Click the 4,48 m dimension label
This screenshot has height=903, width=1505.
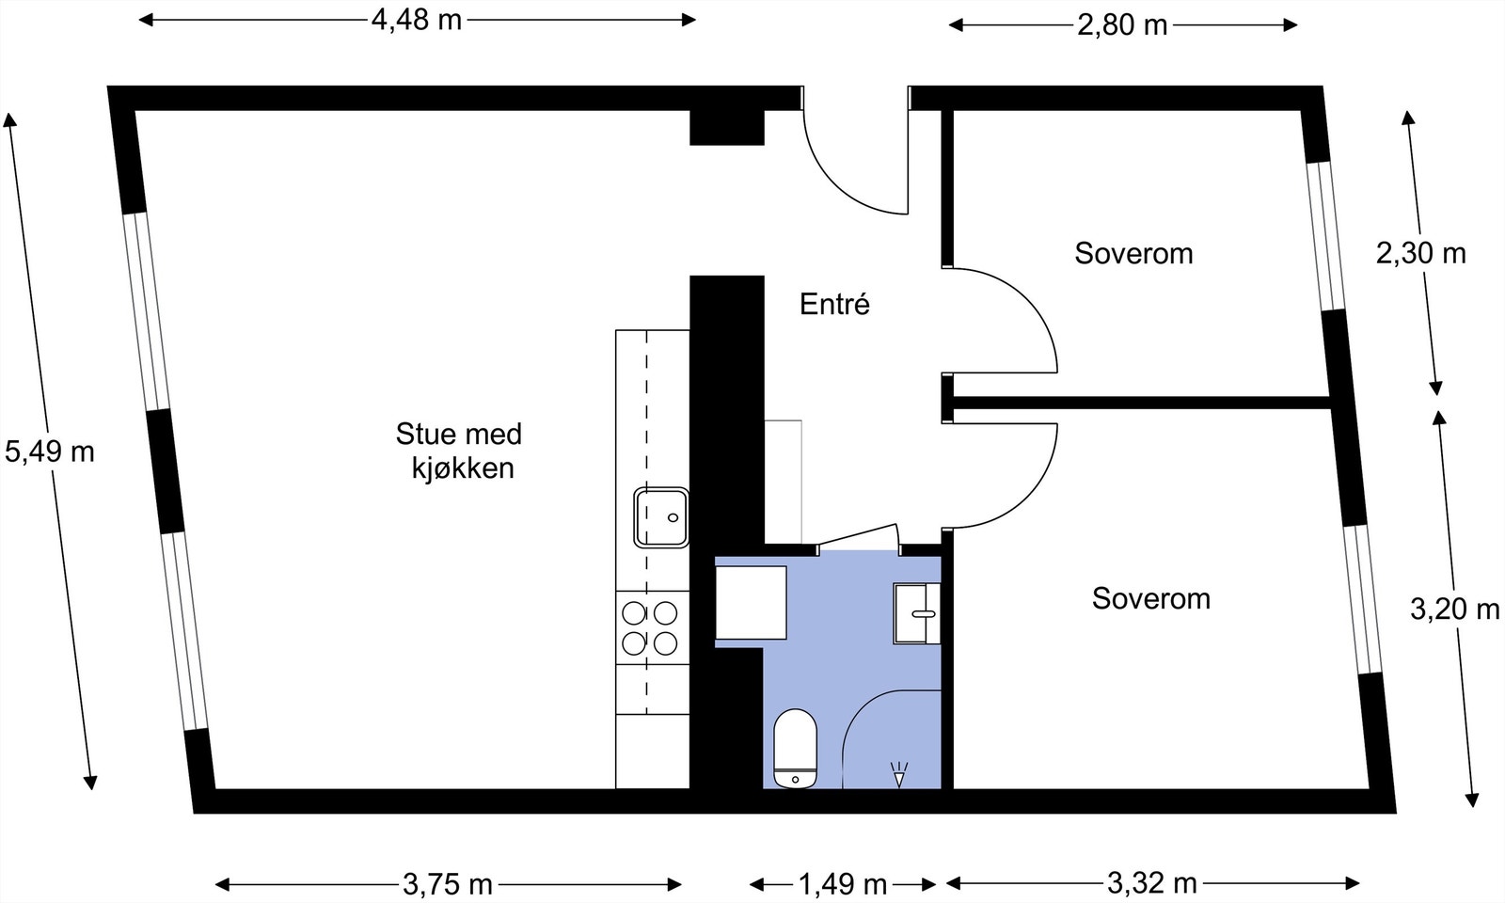point(417,20)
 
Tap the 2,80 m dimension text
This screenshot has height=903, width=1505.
point(1122,25)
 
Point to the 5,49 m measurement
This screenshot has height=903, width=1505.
point(50,451)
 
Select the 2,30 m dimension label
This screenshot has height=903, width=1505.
point(1420,253)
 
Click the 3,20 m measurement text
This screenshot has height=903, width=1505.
point(1454,610)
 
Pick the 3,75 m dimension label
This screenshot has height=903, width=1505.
point(448,884)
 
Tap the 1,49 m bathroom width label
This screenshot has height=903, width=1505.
point(843,884)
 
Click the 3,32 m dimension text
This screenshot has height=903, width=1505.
point(1151,883)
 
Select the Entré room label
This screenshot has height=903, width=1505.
point(834,304)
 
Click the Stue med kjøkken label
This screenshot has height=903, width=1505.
point(459,451)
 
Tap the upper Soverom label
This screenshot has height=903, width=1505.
point(1133,253)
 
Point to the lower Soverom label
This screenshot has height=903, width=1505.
point(1150,598)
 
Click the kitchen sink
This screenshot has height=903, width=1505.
point(661,516)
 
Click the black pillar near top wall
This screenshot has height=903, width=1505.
point(726,127)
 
